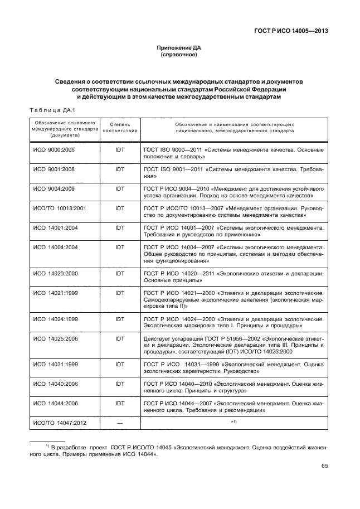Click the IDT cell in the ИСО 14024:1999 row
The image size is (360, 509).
[x=120, y=319]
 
